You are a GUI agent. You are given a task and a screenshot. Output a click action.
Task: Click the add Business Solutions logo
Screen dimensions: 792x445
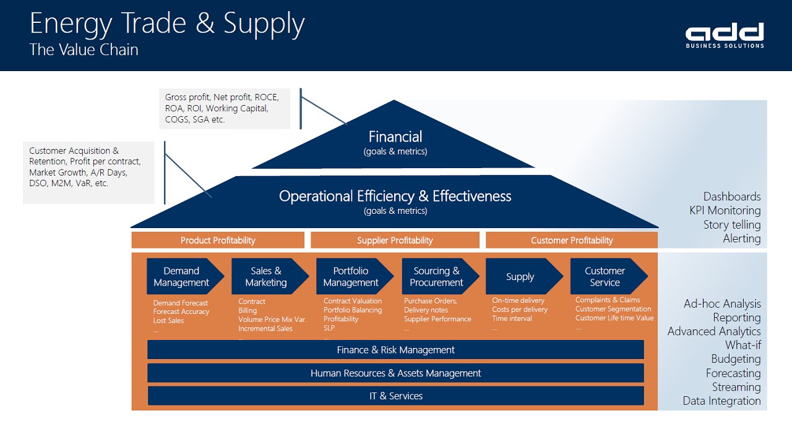(x=725, y=35)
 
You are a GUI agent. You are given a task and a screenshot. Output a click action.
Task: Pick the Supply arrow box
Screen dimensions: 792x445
(x=524, y=276)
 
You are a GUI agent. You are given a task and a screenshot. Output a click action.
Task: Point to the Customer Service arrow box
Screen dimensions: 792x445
(x=609, y=276)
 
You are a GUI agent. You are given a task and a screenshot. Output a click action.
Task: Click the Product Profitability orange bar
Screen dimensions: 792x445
(x=218, y=240)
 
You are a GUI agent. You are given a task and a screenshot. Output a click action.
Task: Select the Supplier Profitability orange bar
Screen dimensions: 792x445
(x=395, y=240)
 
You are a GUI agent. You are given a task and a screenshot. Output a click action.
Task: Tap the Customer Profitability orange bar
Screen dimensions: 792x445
(x=572, y=240)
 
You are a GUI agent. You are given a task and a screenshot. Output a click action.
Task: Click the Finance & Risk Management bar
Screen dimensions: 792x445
(x=395, y=350)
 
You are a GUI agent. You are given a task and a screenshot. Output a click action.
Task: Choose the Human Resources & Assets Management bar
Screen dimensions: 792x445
(x=395, y=373)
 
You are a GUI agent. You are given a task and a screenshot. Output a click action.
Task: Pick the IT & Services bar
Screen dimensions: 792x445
(x=395, y=396)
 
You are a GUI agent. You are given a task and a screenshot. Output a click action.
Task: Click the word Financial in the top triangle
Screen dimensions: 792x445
(x=395, y=137)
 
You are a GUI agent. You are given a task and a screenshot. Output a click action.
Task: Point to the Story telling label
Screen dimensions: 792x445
(x=732, y=225)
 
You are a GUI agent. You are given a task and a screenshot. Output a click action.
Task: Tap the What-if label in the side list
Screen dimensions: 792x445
(x=743, y=345)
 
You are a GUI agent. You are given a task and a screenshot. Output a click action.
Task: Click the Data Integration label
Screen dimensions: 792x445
(x=721, y=401)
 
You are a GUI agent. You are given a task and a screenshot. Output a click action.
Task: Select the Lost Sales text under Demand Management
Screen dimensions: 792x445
(x=168, y=321)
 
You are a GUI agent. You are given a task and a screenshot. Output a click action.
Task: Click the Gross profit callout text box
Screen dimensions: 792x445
(x=225, y=108)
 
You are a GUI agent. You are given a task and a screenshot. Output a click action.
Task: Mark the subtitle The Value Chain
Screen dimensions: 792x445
(x=84, y=49)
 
